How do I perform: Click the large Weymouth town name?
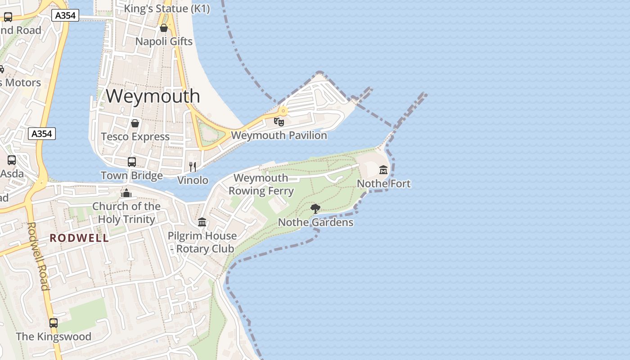[153, 96]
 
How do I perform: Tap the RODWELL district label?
[79, 238]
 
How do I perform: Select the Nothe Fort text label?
[383, 184]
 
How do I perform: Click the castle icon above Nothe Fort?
[383, 170]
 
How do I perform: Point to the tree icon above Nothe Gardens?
[315, 208]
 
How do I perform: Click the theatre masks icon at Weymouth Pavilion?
[279, 121]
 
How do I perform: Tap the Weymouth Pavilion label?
[279, 135]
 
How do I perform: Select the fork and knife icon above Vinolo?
[193, 167]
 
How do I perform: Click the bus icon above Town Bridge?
[132, 162]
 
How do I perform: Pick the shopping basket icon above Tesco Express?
[135, 123]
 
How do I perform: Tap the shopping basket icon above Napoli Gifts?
[164, 28]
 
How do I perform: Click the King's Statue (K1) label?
[166, 9]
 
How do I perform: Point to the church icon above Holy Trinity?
[126, 193]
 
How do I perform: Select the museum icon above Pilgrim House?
[202, 222]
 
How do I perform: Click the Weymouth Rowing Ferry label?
[261, 184]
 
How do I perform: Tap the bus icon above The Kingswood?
[54, 323]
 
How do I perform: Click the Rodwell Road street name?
[38, 256]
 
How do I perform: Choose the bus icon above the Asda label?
[12, 160]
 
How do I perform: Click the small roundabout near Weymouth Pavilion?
[283, 110]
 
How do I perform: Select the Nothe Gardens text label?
[315, 222]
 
